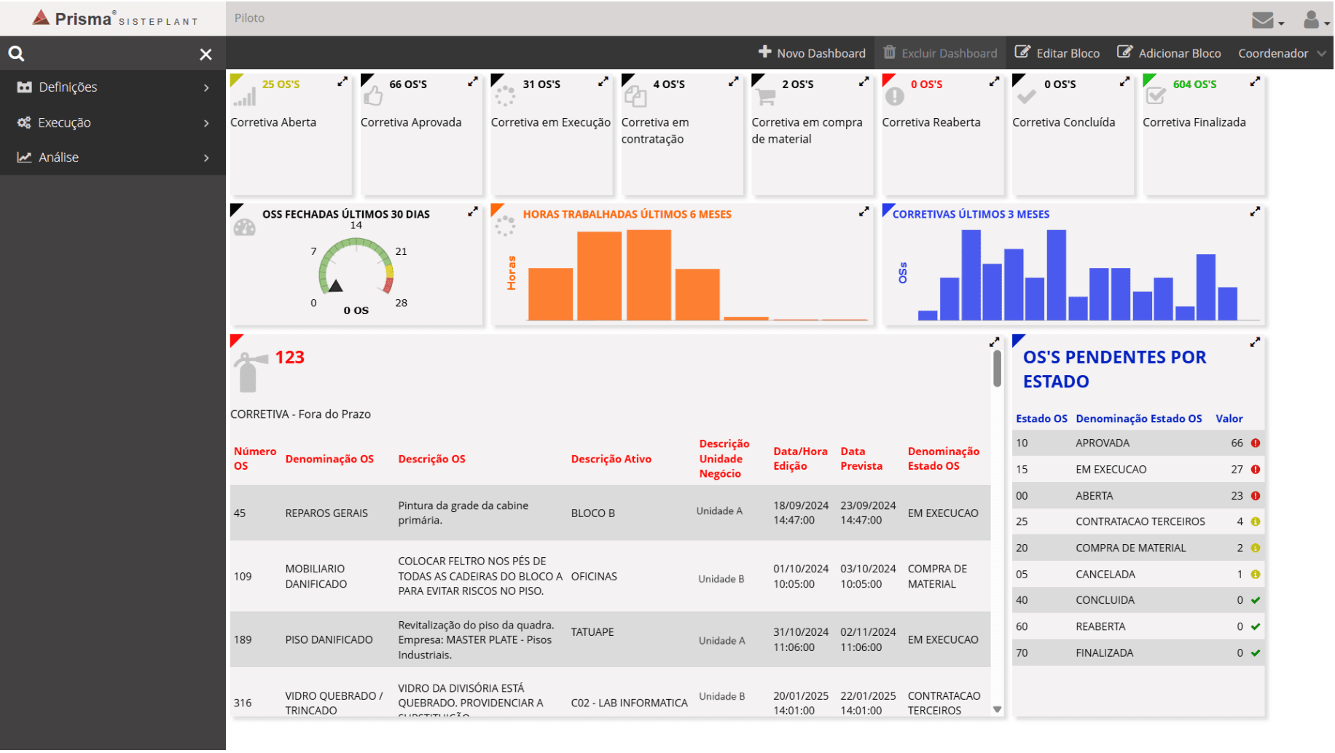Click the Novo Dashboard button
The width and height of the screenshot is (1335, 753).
(x=813, y=53)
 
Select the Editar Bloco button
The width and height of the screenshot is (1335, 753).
(x=1057, y=53)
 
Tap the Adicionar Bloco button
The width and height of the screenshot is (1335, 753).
(x=1170, y=53)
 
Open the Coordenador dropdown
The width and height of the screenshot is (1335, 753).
(x=1281, y=53)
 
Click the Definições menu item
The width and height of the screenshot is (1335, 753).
(x=68, y=87)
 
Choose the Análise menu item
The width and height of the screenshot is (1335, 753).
(x=58, y=157)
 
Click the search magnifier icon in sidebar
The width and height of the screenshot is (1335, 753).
(x=16, y=54)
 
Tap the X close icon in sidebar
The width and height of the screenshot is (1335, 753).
(x=206, y=55)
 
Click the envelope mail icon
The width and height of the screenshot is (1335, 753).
(x=1262, y=20)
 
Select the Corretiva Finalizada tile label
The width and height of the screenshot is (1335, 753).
(x=1194, y=122)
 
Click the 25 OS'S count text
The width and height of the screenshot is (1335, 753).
(x=281, y=84)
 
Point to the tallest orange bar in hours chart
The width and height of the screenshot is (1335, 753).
(x=649, y=275)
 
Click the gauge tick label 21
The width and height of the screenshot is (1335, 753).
(x=401, y=251)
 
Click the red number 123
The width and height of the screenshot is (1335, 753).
(x=289, y=358)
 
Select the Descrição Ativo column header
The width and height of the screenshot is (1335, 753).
(x=611, y=460)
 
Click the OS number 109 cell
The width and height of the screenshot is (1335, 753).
(x=243, y=577)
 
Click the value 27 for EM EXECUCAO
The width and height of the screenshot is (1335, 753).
(x=1237, y=470)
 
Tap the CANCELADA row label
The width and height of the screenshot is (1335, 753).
(x=1105, y=575)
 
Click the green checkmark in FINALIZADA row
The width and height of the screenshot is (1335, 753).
(x=1256, y=653)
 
